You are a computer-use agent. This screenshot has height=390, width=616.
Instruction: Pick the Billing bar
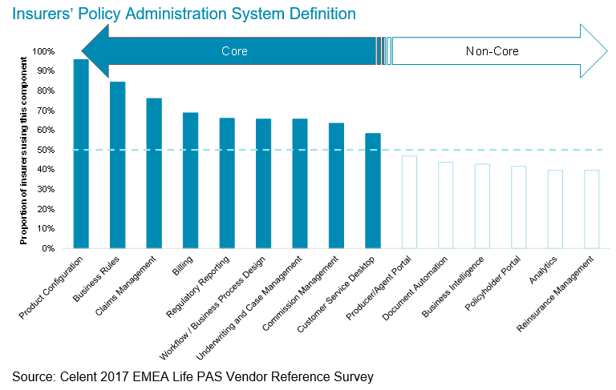click(190, 180)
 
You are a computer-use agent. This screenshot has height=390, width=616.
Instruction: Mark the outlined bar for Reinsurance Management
click(591, 209)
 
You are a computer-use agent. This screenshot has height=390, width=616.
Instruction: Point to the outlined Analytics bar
click(555, 209)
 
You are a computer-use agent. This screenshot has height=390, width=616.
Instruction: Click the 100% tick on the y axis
click(43, 51)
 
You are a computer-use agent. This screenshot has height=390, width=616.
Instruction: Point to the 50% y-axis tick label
click(46, 150)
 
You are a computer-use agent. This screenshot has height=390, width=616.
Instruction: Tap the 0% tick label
click(48, 248)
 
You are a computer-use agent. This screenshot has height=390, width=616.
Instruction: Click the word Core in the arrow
click(234, 51)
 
